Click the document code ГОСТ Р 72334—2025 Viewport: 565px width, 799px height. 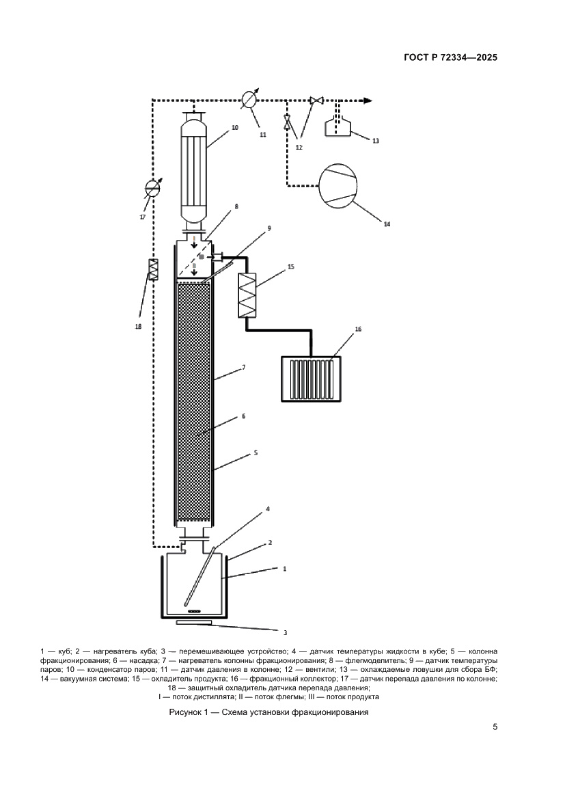(450, 57)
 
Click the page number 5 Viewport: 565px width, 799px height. (495, 727)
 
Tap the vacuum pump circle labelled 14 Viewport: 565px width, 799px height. (337, 185)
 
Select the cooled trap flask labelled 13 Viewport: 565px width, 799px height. (337, 126)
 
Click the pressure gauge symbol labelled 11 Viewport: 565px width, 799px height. (250, 100)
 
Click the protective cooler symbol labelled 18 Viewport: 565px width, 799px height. (152, 269)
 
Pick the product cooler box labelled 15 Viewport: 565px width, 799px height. (247, 295)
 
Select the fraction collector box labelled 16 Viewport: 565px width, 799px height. (312, 379)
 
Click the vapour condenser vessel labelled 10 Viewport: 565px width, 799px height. (194, 171)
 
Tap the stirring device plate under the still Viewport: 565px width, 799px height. (193, 622)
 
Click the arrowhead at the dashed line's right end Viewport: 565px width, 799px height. (367, 100)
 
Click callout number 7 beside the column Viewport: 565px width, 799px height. (244, 367)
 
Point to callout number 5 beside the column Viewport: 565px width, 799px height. (256, 452)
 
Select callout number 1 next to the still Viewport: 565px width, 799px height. (285, 568)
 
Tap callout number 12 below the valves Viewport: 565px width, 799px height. (299, 147)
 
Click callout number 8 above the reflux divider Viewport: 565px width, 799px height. (236, 206)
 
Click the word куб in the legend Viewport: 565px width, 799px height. (65, 651)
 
